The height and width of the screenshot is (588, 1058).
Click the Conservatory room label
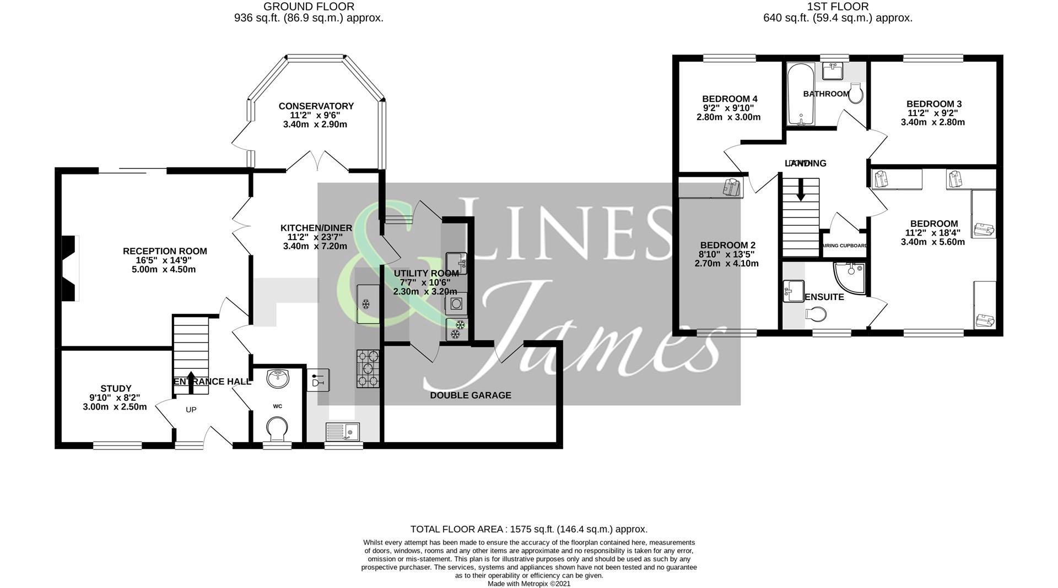(x=316, y=106)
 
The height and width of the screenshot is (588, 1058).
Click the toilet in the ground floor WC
(x=277, y=428)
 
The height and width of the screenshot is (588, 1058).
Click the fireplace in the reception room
(x=69, y=269)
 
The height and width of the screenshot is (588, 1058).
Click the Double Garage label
(x=470, y=395)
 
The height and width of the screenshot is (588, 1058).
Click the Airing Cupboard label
(x=845, y=246)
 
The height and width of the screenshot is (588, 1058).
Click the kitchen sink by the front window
(x=342, y=431)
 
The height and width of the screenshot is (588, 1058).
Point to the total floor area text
(x=528, y=529)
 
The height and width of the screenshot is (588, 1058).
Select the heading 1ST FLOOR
(x=838, y=7)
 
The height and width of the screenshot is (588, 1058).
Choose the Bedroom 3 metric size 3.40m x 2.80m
(x=932, y=122)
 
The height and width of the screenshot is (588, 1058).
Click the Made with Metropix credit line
(x=528, y=584)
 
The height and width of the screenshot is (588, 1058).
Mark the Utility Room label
(x=425, y=273)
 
